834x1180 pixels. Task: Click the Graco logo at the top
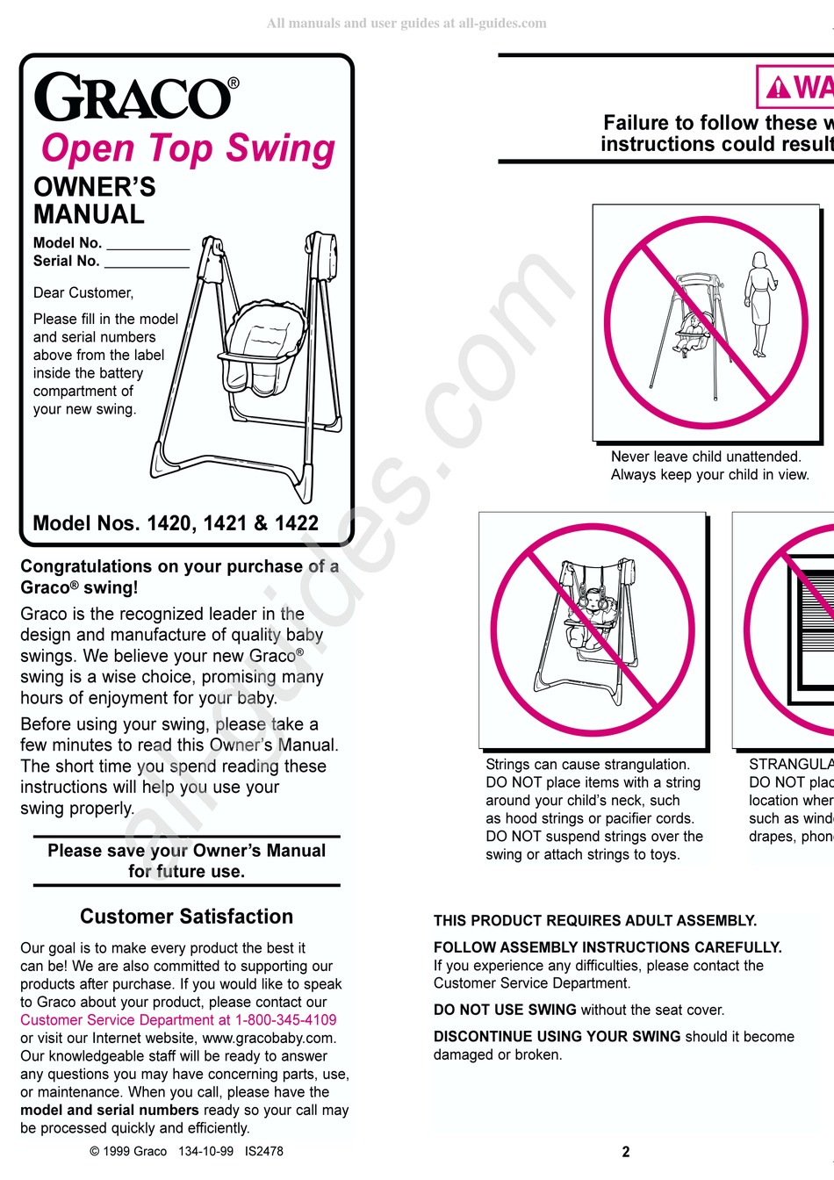coord(136,97)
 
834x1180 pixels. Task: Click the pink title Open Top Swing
coord(188,148)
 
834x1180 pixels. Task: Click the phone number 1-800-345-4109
coord(285,1020)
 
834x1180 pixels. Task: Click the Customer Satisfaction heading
coord(186,917)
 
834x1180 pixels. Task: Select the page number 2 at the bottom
coord(626,1152)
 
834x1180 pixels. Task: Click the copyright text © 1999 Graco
coord(128,1151)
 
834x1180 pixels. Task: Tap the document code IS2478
coord(264,1151)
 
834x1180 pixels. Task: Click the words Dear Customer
coord(83,293)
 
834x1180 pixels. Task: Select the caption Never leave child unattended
coord(706,457)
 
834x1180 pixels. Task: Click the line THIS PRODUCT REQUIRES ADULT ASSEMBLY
coord(595,921)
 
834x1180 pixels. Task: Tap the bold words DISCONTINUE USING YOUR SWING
coord(557,1036)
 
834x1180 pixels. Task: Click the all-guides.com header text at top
coord(406,24)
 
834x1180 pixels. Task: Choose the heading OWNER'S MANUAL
coord(94,201)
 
